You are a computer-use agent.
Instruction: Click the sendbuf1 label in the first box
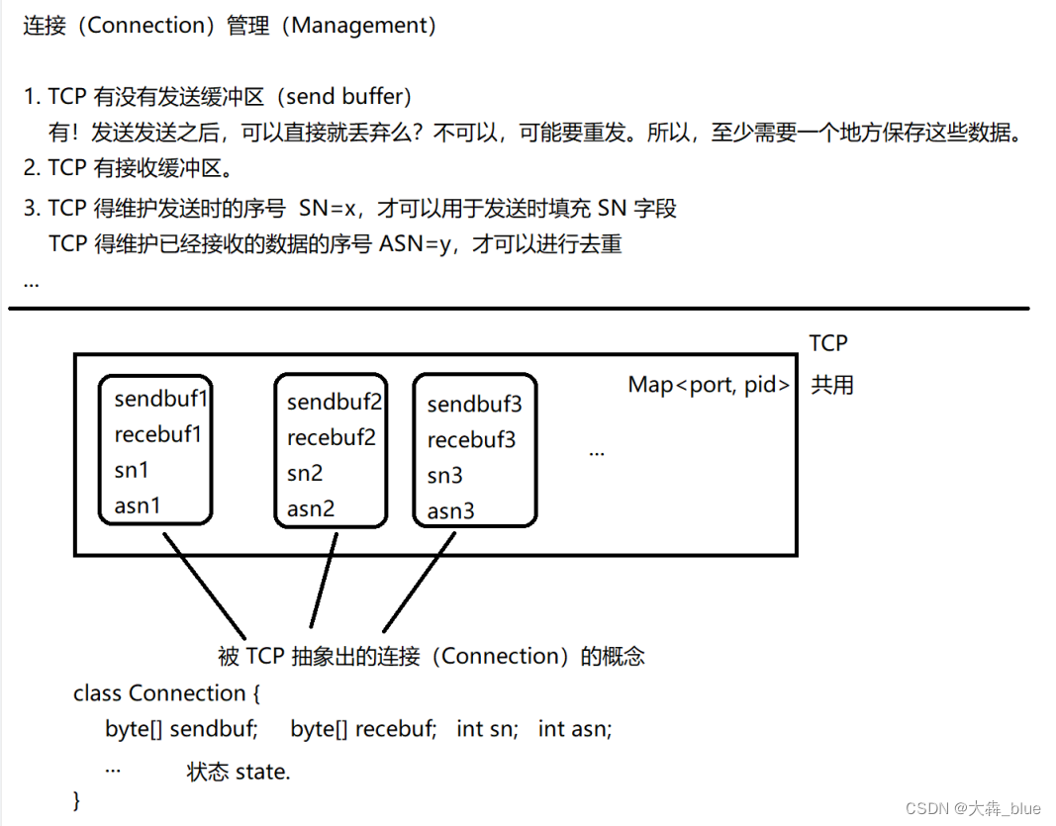tap(161, 399)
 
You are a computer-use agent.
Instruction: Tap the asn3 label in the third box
tap(450, 511)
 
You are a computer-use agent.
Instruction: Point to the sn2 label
tap(305, 474)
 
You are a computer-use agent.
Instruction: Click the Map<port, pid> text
tap(709, 385)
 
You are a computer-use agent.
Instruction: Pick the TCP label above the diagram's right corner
tap(828, 343)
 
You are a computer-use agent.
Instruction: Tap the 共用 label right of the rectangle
tap(831, 385)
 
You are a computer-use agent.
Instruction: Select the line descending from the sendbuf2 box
tap(324, 582)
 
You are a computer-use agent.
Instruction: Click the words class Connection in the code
tap(159, 693)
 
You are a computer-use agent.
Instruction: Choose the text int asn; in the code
tap(575, 729)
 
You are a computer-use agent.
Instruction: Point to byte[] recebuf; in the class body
tap(363, 729)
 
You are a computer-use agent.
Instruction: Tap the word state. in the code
tap(263, 772)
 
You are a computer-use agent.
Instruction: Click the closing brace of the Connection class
tap(78, 798)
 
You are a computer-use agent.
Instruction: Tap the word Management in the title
tap(363, 26)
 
